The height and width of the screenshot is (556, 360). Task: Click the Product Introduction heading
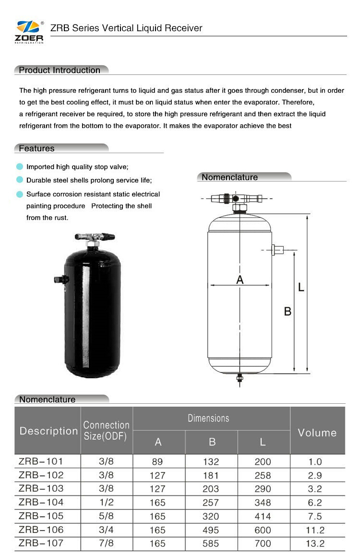click(x=60, y=70)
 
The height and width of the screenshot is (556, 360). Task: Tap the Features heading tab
click(x=37, y=148)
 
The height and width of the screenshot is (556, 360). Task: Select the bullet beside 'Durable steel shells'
click(x=19, y=180)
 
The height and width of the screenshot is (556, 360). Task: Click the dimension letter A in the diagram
click(x=240, y=279)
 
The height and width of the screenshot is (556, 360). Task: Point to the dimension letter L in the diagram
click(x=301, y=287)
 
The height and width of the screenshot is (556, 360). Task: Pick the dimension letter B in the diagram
click(x=288, y=311)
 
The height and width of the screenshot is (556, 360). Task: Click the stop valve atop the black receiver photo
click(x=95, y=237)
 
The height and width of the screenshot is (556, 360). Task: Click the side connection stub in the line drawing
click(x=278, y=250)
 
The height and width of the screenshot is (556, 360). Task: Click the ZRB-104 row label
click(x=41, y=502)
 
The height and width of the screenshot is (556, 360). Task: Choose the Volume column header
click(x=317, y=433)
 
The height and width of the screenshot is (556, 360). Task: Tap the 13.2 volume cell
click(x=315, y=544)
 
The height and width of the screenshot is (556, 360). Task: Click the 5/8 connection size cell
click(x=106, y=516)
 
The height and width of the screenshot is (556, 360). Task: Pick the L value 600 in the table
click(x=263, y=530)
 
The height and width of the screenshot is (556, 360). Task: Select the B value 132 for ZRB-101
click(x=211, y=461)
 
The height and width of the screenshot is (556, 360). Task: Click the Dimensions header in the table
click(x=208, y=418)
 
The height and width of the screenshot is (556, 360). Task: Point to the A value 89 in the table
click(x=157, y=461)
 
